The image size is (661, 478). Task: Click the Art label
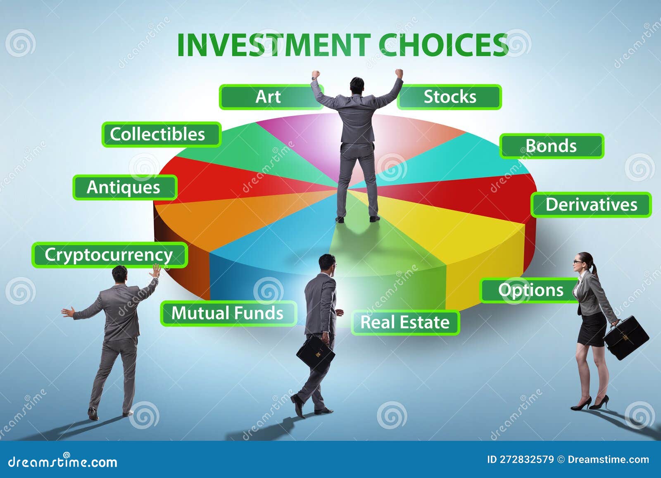[x=268, y=97]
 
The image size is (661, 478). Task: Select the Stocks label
[x=449, y=97]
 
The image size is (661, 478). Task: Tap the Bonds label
[x=551, y=146]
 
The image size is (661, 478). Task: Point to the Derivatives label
[x=591, y=205]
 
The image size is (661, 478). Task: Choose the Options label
[x=530, y=290]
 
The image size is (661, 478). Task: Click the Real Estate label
[x=405, y=322]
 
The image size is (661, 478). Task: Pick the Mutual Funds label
[x=228, y=313]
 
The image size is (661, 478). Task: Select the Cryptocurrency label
[x=109, y=255]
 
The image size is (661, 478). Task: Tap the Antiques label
[x=124, y=188]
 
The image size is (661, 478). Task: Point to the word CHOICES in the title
[x=443, y=45]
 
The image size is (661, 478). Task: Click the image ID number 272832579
[x=526, y=459]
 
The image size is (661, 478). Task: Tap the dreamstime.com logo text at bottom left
[x=63, y=461]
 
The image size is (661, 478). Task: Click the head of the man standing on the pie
[x=357, y=85]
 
